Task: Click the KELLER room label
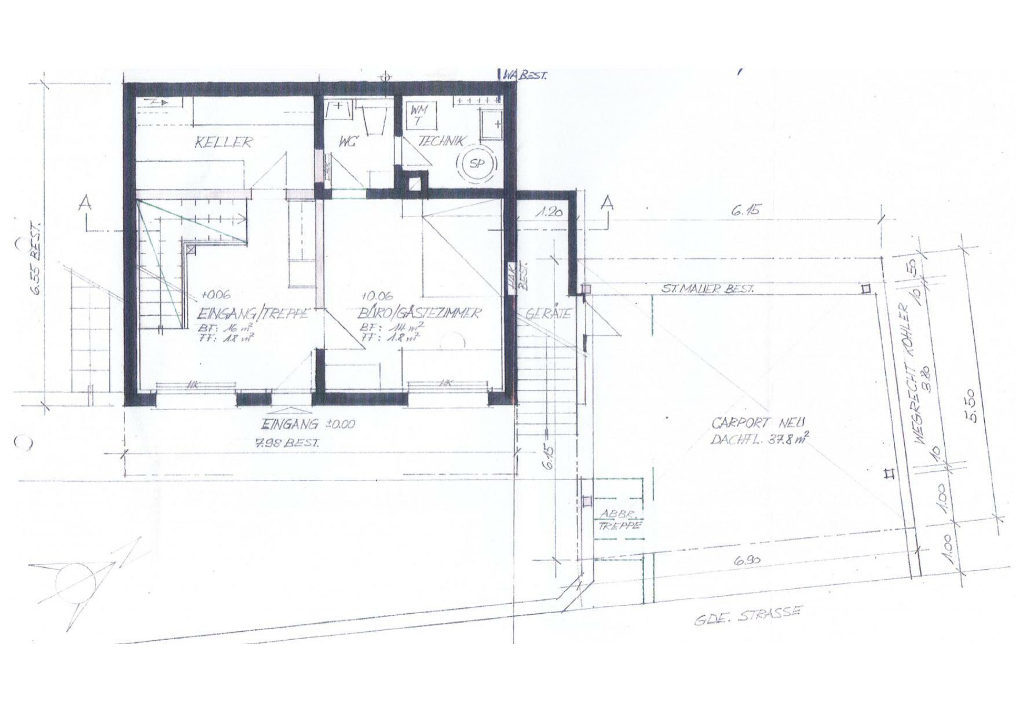click(x=223, y=142)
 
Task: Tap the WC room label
click(x=348, y=141)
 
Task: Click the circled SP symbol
click(x=477, y=164)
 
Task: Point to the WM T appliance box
click(x=418, y=115)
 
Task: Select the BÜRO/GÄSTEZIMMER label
click(x=419, y=313)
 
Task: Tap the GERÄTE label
click(x=549, y=314)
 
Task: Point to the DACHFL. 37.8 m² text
click(x=759, y=438)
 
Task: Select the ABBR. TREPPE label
click(x=620, y=520)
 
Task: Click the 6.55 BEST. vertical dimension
click(x=36, y=258)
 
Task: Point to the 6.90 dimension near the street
click(x=747, y=560)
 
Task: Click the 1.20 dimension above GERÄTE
click(x=549, y=213)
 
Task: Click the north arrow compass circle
click(x=75, y=583)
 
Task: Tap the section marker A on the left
click(x=85, y=203)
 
